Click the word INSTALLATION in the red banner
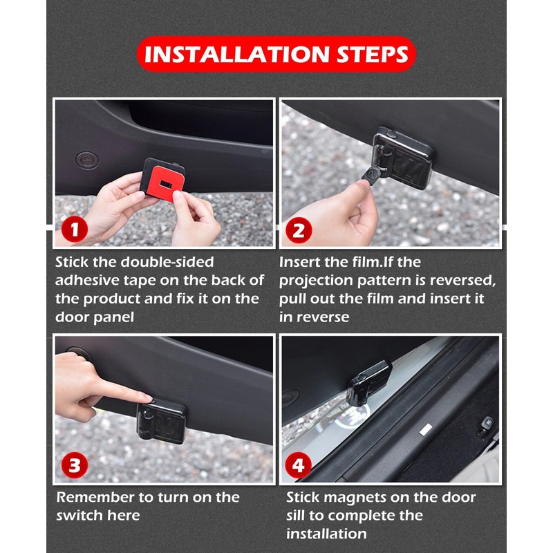(236, 55)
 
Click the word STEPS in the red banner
(373, 55)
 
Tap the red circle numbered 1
(75, 229)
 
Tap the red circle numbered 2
(299, 230)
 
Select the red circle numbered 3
(75, 465)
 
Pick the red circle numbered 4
(299, 465)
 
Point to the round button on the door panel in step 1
(87, 160)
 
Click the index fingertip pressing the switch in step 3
(148, 398)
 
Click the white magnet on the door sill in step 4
(426, 429)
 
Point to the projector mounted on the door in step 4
(368, 383)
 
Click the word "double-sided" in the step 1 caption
(167, 262)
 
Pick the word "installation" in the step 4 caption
(326, 534)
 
